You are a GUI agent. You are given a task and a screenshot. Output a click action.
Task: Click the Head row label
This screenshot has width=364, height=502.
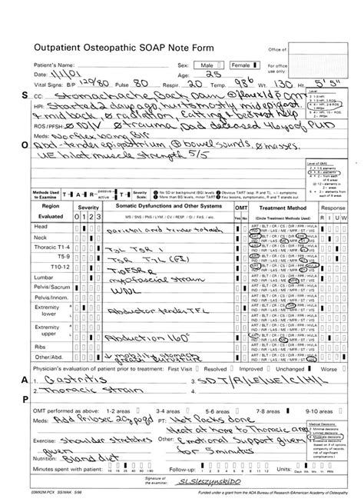(41, 228)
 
